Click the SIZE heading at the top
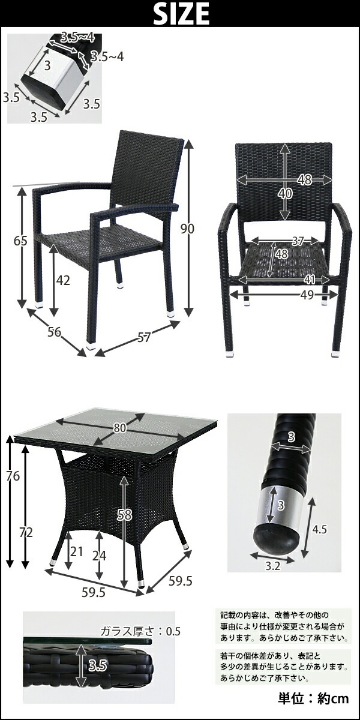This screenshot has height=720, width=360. point(181,13)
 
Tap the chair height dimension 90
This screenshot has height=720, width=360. point(187,229)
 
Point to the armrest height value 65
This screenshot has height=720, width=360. point(20,241)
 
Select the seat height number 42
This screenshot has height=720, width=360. point(63,281)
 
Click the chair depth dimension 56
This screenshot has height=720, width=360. point(54,332)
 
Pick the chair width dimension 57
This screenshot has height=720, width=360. point(143,337)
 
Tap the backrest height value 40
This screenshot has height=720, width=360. point(285,193)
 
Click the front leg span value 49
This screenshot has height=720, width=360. point(307,295)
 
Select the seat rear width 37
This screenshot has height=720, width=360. point(298,241)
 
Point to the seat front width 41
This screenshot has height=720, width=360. point(310,280)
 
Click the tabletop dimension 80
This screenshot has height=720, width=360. point(119,428)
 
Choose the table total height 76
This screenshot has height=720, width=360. point(13,476)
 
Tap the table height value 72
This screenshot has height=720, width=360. point(26,533)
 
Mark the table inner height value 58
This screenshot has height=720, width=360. point(124,515)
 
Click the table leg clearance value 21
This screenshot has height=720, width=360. point(77,551)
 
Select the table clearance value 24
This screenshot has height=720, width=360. point(99,556)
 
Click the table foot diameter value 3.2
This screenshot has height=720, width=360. point(273,566)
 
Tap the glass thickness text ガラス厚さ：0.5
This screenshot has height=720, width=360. point(140,631)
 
